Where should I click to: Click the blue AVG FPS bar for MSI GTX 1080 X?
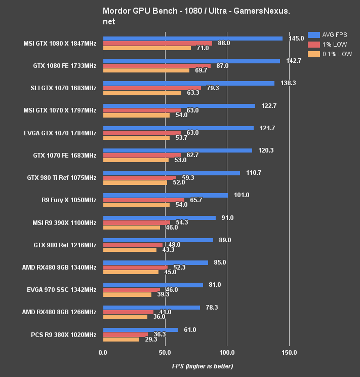(x=192, y=39)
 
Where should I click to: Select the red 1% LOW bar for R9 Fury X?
(x=144, y=200)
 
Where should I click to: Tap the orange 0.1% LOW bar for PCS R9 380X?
(x=121, y=340)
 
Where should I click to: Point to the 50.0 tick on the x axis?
(x=165, y=352)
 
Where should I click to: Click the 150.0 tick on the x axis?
(x=289, y=352)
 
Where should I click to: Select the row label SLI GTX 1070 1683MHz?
(x=63, y=88)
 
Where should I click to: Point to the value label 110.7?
(x=254, y=173)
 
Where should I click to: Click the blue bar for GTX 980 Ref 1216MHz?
(x=158, y=240)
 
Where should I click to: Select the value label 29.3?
(x=150, y=340)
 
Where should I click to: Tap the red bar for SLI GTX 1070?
(x=152, y=88)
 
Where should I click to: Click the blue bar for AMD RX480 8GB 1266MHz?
(x=151, y=307)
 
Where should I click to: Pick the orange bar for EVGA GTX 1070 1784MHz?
(x=136, y=138)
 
